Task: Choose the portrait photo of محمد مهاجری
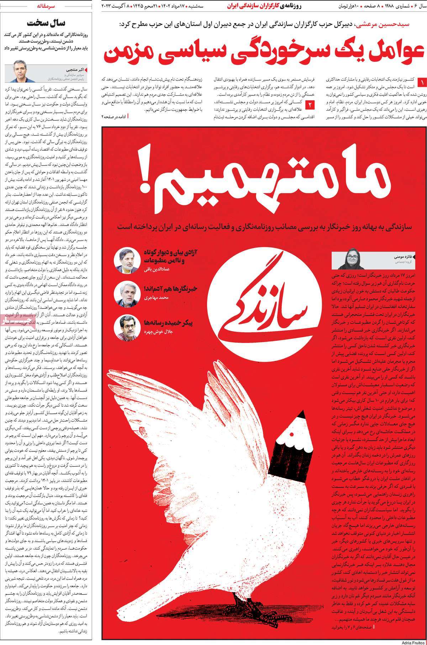pos(123,292)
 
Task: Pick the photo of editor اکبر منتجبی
pos(20,70)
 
